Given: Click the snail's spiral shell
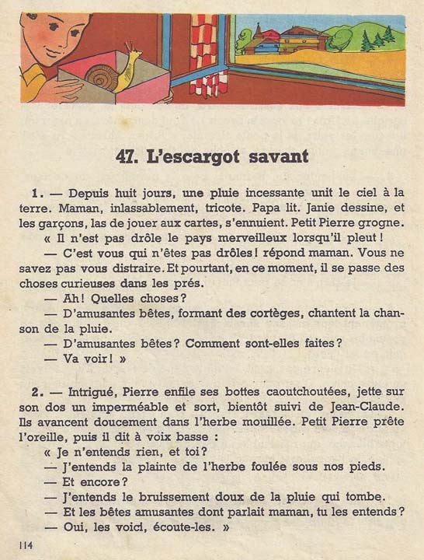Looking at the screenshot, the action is (x=101, y=77).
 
